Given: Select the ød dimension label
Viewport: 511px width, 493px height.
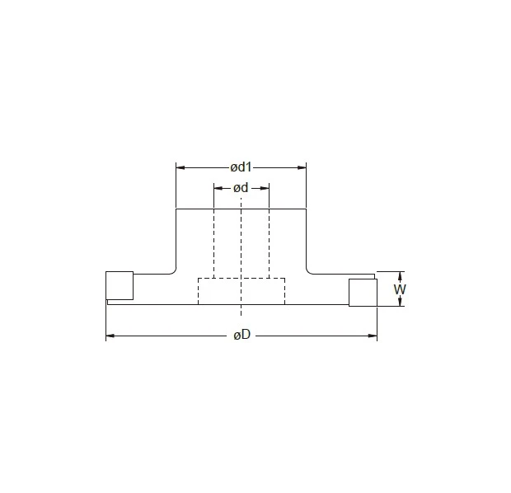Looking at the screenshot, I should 241,188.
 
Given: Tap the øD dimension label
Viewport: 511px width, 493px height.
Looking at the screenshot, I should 241,336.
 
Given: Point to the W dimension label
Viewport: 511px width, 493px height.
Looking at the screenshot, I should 400,289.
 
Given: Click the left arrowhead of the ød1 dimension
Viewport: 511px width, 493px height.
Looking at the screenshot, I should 180,167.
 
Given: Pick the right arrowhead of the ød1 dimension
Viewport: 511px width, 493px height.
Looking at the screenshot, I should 302,167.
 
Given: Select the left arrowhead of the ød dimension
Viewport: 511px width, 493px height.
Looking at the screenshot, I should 218,188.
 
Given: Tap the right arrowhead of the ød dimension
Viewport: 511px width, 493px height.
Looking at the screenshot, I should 265,188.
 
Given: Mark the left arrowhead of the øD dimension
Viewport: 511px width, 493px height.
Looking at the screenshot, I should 110,336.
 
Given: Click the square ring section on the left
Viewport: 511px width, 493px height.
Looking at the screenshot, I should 120,285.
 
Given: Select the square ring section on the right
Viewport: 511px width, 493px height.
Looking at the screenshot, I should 362,292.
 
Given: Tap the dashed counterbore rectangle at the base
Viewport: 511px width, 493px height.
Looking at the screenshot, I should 241,292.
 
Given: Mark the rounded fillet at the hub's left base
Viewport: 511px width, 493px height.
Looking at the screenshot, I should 173,270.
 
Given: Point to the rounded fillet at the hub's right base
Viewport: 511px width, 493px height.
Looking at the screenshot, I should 310,270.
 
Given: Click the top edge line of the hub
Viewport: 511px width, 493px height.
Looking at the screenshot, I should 241,209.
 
